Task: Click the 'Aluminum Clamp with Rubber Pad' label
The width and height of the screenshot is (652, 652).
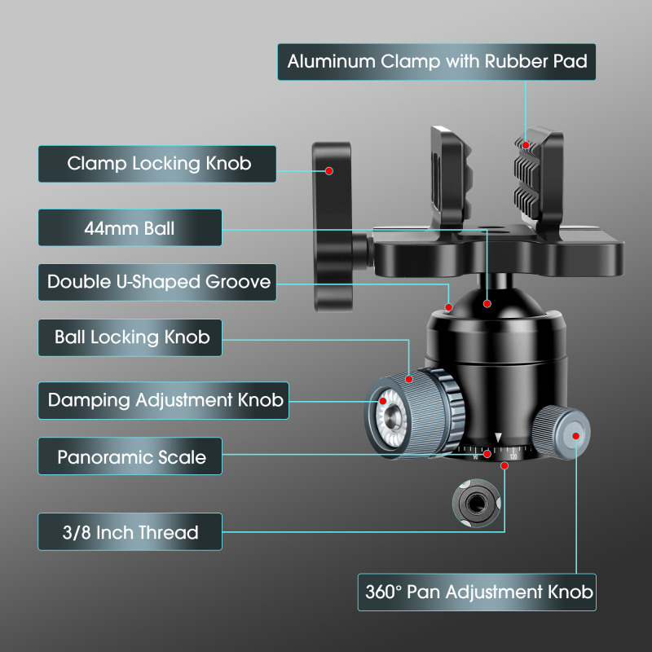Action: [x=437, y=62]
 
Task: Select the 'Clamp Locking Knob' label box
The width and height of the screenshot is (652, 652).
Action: [x=157, y=164]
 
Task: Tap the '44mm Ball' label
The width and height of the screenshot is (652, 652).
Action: [x=130, y=227]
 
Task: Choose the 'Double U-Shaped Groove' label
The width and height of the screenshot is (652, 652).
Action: [x=158, y=282]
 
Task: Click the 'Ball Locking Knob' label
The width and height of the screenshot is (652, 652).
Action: [x=130, y=337]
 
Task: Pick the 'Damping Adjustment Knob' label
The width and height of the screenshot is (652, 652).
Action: [x=164, y=400]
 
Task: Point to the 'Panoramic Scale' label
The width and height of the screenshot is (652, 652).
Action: [x=130, y=456]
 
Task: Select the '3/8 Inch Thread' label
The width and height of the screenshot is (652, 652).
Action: [x=130, y=531]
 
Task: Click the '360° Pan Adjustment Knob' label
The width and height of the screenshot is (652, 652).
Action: [x=477, y=591]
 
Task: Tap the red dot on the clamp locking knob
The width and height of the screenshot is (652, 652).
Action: [x=329, y=171]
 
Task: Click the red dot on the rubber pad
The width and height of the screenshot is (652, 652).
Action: [x=527, y=145]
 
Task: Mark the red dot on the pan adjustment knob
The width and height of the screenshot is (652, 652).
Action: [x=576, y=436]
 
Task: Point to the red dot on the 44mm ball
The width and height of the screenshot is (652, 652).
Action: [x=487, y=304]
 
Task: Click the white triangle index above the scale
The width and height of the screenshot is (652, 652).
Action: [x=498, y=438]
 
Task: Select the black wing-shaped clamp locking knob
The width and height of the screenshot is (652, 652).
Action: [x=330, y=220]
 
